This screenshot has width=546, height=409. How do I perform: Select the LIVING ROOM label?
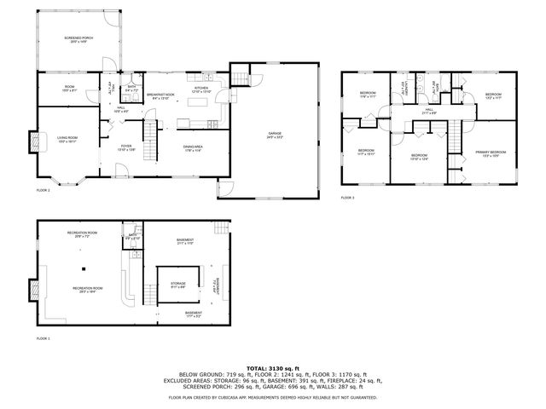pyautogui.click(x=67, y=139)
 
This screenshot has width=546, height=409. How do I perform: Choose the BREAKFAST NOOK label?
pyautogui.click(x=160, y=95)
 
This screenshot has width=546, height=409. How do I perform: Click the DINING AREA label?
pyautogui.click(x=192, y=147)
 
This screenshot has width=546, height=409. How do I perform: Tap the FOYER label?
pyautogui.click(x=125, y=148)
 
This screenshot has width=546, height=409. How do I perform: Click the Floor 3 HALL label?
pyautogui.click(x=429, y=112)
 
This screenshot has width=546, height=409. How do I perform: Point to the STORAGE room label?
pyautogui.click(x=177, y=285)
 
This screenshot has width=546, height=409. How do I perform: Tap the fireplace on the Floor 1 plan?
pyautogui.click(x=34, y=290)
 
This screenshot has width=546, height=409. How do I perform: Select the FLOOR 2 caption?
pyautogui.click(x=43, y=190)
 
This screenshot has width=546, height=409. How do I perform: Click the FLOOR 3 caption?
pyautogui.click(x=347, y=198)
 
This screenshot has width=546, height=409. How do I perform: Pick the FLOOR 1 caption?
pyautogui.click(x=43, y=338)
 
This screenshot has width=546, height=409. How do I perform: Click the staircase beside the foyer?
pyautogui.click(x=150, y=138)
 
